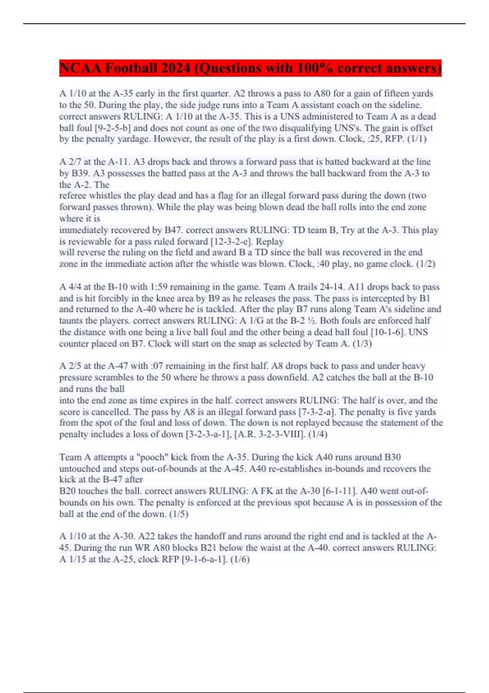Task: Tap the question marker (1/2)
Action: pos(425,264)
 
